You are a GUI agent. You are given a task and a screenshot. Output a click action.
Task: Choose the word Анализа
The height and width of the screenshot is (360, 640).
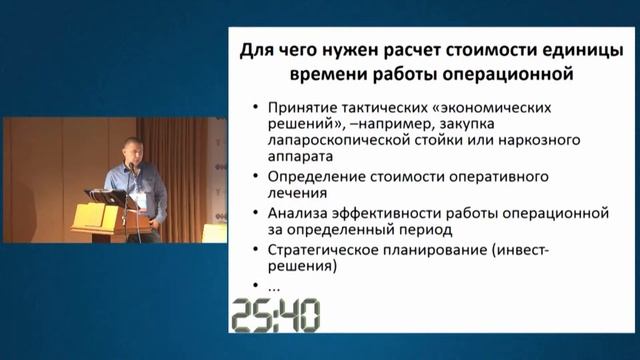tap(296, 214)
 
